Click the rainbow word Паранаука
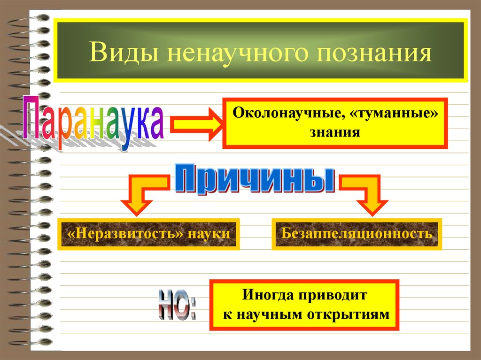click(x=94, y=123)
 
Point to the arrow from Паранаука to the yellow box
click(x=193, y=124)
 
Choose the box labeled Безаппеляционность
click(x=357, y=233)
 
